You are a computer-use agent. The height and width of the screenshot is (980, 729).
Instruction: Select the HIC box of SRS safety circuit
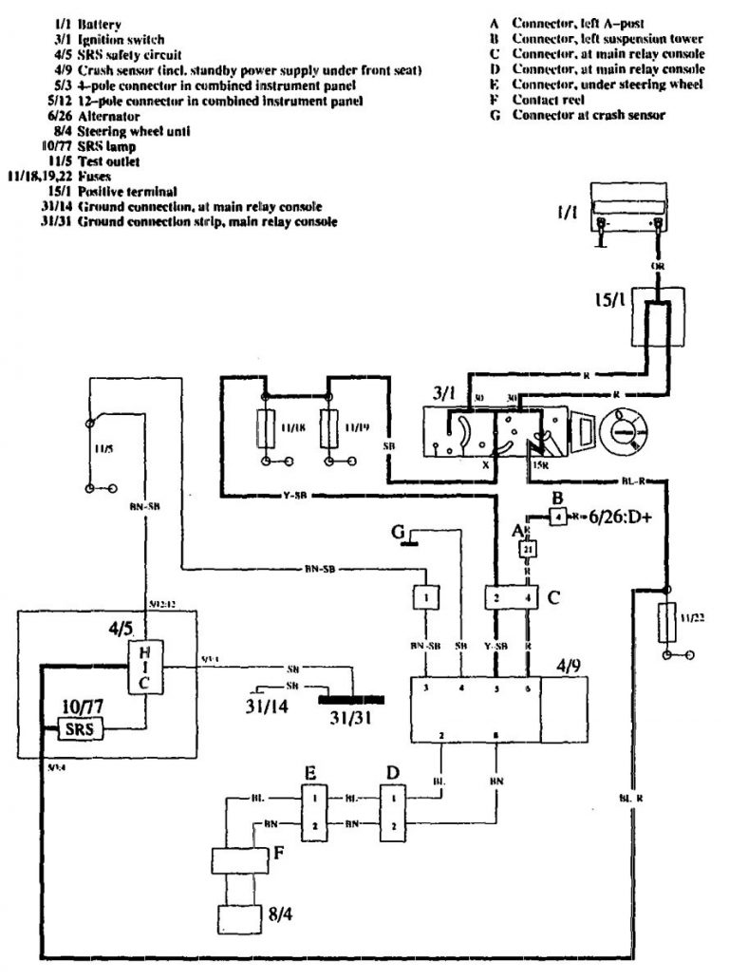pyautogui.click(x=142, y=669)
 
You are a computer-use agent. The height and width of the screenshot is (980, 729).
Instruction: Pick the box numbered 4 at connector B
pyautogui.click(x=559, y=518)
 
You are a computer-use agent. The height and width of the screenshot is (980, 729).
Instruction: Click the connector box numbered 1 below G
pyautogui.click(x=427, y=597)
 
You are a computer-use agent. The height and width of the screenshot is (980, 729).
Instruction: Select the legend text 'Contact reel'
pyautogui.click(x=548, y=99)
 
